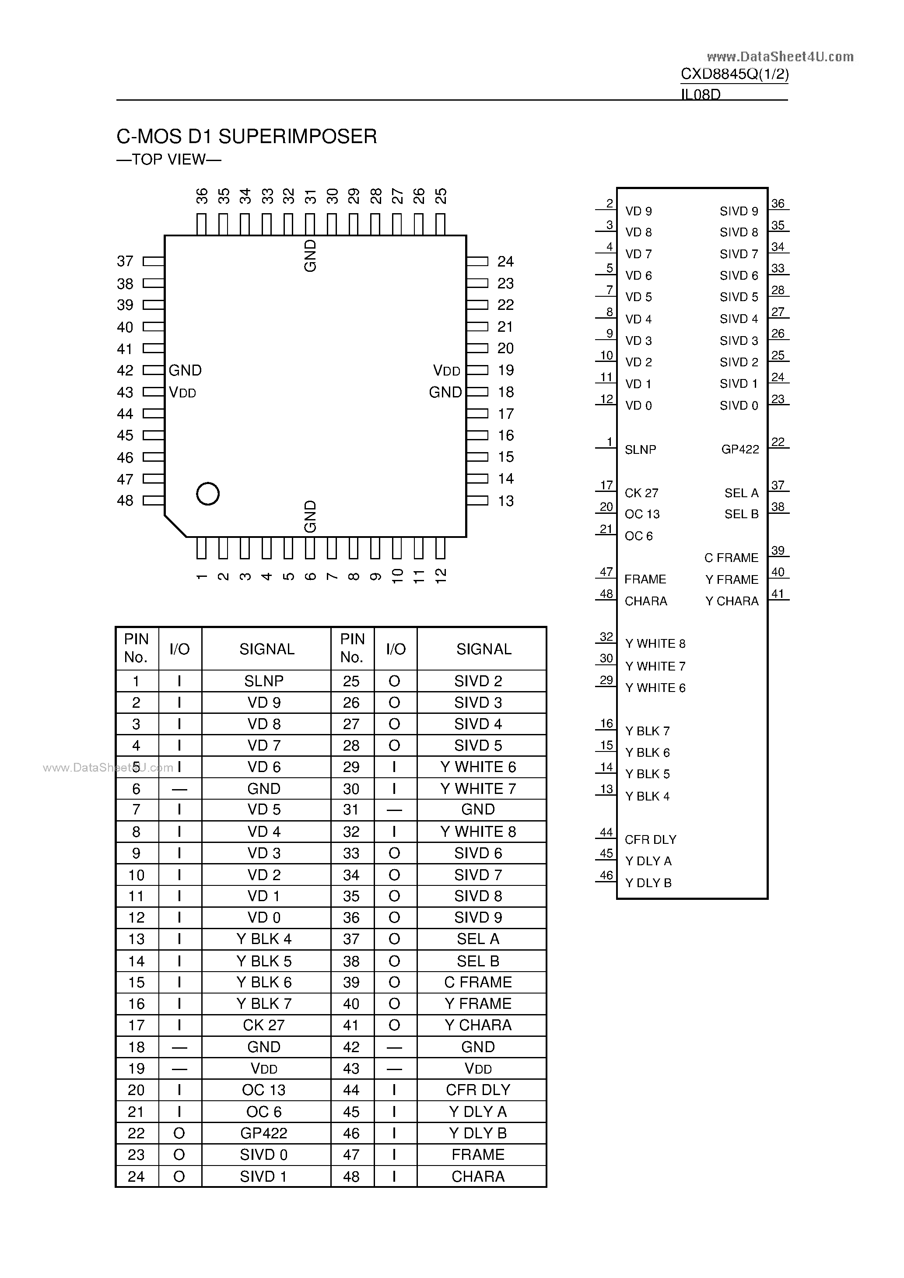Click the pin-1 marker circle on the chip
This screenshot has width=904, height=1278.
pyautogui.click(x=208, y=494)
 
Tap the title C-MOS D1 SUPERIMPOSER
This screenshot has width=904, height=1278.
pyautogui.click(x=247, y=137)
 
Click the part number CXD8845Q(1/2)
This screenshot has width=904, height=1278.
pyautogui.click(x=734, y=74)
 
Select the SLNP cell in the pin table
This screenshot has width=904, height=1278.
pyautogui.click(x=264, y=681)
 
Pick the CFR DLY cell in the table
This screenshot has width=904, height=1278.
pyautogui.click(x=478, y=1090)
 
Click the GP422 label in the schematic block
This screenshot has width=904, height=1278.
pyautogui.click(x=740, y=449)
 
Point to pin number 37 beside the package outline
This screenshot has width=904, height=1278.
pyautogui.click(x=125, y=261)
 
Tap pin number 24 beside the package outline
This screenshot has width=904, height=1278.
pyautogui.click(x=505, y=261)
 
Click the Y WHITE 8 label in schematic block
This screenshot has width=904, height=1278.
pyautogui.click(x=655, y=643)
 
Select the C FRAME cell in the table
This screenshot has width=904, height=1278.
pyautogui.click(x=478, y=982)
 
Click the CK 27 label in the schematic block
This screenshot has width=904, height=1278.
pyautogui.click(x=641, y=493)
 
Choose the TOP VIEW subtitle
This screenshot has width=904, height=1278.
pyautogui.click(x=168, y=160)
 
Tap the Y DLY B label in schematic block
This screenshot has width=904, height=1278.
pyautogui.click(x=648, y=883)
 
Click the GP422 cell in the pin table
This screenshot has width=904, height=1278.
pyautogui.click(x=264, y=1133)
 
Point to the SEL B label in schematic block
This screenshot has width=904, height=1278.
pyautogui.click(x=741, y=514)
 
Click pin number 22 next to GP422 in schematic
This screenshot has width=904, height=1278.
pyautogui.click(x=778, y=442)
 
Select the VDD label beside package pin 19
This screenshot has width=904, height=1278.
pyautogui.click(x=446, y=370)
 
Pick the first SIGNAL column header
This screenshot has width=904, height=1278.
pyautogui.click(x=266, y=649)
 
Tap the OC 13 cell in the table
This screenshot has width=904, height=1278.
pyautogui.click(x=264, y=1090)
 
